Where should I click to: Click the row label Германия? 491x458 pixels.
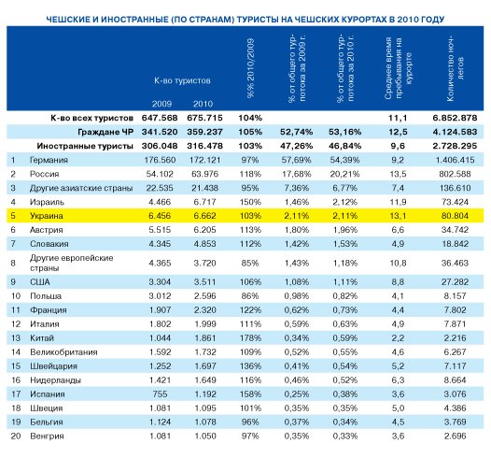(x=49, y=160)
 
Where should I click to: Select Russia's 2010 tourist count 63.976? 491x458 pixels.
(x=204, y=174)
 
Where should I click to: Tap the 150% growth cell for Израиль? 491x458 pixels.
(x=250, y=202)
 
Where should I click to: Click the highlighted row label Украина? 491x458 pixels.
(x=47, y=216)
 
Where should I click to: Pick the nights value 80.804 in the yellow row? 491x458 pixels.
(x=455, y=216)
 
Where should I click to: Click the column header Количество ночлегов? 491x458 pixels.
(x=455, y=69)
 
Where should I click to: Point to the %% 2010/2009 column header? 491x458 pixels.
(x=250, y=68)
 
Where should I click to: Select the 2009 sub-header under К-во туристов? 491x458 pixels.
(x=161, y=104)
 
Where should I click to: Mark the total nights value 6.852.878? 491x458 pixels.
(x=455, y=118)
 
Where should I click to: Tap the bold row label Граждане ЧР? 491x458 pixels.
(x=105, y=133)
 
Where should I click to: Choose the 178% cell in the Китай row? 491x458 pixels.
(x=250, y=338)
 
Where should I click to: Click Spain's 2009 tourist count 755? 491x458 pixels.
(x=160, y=394)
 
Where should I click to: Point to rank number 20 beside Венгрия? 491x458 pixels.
(x=16, y=437)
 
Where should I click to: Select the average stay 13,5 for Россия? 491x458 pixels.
(x=398, y=174)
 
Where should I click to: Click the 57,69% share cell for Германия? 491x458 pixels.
(x=296, y=160)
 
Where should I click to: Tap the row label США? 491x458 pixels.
(x=40, y=282)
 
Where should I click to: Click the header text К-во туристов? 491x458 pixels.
(x=182, y=80)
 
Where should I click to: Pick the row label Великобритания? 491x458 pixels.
(x=63, y=352)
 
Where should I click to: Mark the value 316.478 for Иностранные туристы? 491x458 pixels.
(x=204, y=146)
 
